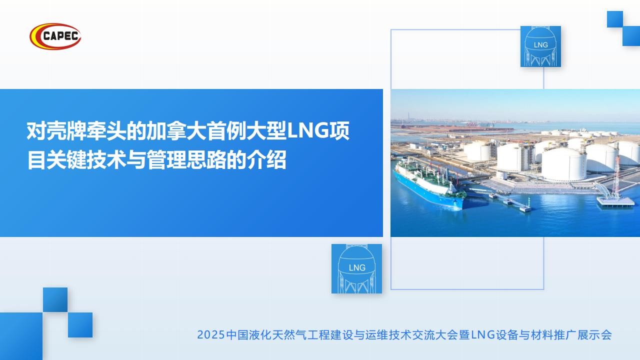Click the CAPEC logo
55,36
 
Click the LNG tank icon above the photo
540,46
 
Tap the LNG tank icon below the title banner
356,268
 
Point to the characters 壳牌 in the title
56,131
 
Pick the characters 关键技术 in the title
86,160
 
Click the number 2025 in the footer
211,335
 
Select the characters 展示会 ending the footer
594,335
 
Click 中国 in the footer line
237,335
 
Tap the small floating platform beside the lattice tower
615,201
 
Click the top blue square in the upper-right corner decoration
615,19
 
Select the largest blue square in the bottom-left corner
21,336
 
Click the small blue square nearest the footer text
80,325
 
